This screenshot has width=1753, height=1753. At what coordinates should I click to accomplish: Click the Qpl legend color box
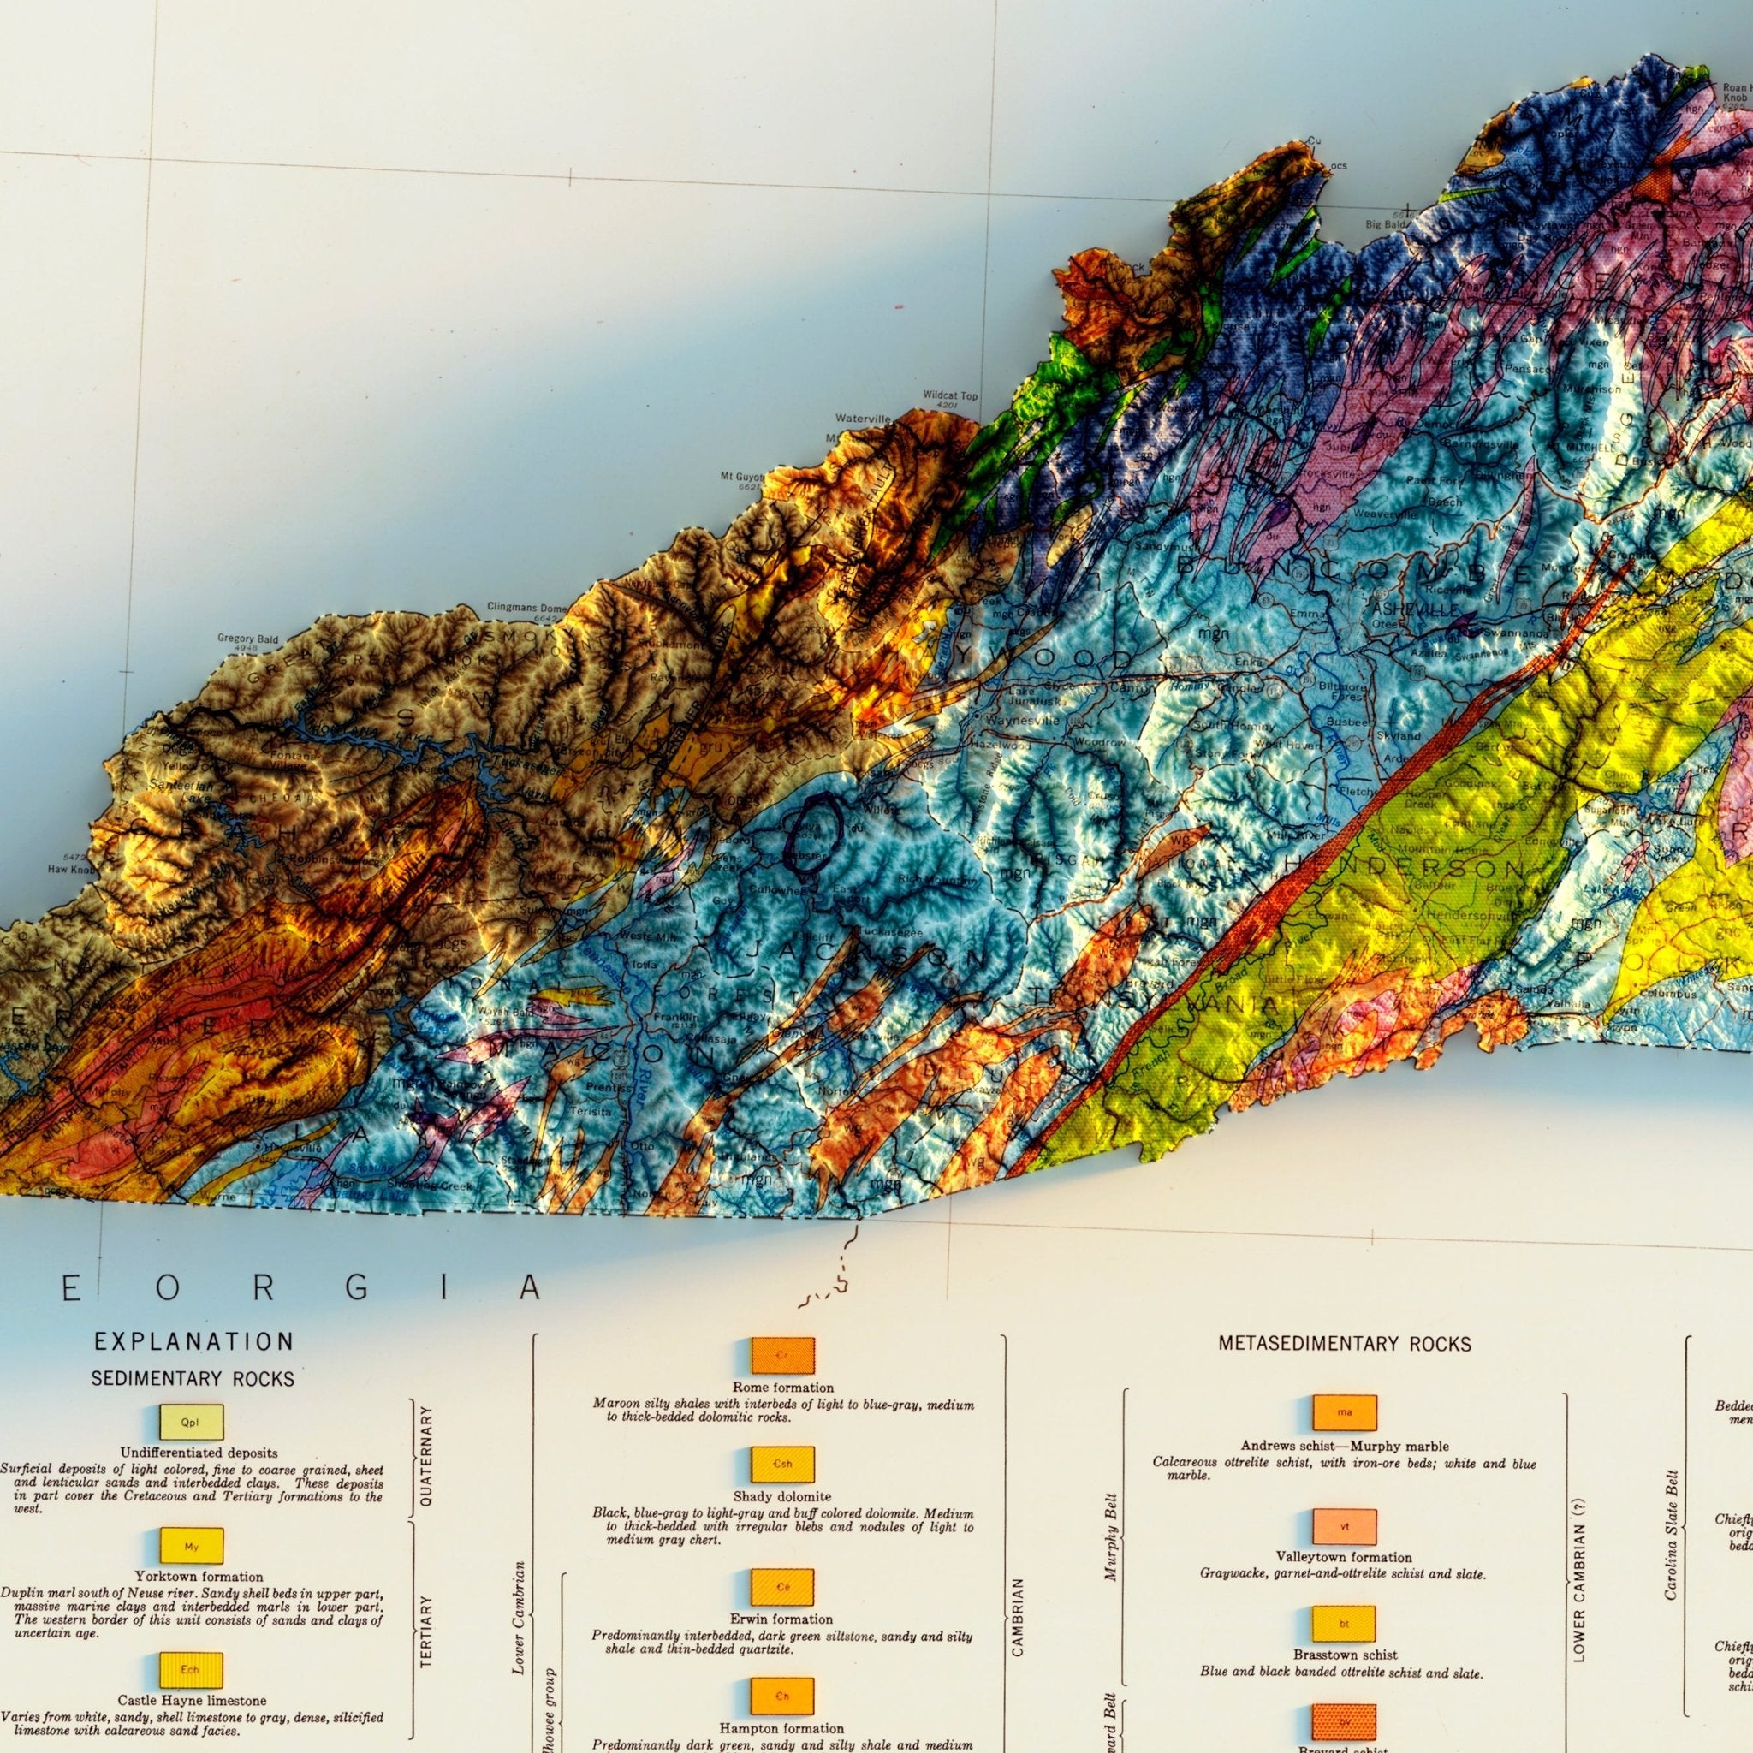[191, 1422]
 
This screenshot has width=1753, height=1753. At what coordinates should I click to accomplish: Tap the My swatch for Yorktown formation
[191, 1546]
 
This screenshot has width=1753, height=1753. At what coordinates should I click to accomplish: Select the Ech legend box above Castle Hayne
[191, 1669]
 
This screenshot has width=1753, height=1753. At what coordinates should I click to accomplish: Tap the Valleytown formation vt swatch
[1345, 1527]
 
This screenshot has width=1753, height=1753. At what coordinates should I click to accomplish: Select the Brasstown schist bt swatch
[1344, 1623]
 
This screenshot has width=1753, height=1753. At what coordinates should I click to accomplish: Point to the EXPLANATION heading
[194, 1341]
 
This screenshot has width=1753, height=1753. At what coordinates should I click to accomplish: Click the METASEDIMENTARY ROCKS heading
[1345, 1344]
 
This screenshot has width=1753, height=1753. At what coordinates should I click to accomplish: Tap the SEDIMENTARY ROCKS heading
[193, 1379]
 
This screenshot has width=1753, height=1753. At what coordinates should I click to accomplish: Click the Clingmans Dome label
[526, 607]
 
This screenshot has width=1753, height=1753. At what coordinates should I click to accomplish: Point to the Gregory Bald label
[247, 639]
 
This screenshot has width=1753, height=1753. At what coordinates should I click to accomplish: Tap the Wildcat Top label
[950, 396]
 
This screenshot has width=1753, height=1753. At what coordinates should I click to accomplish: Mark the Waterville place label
[863, 419]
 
